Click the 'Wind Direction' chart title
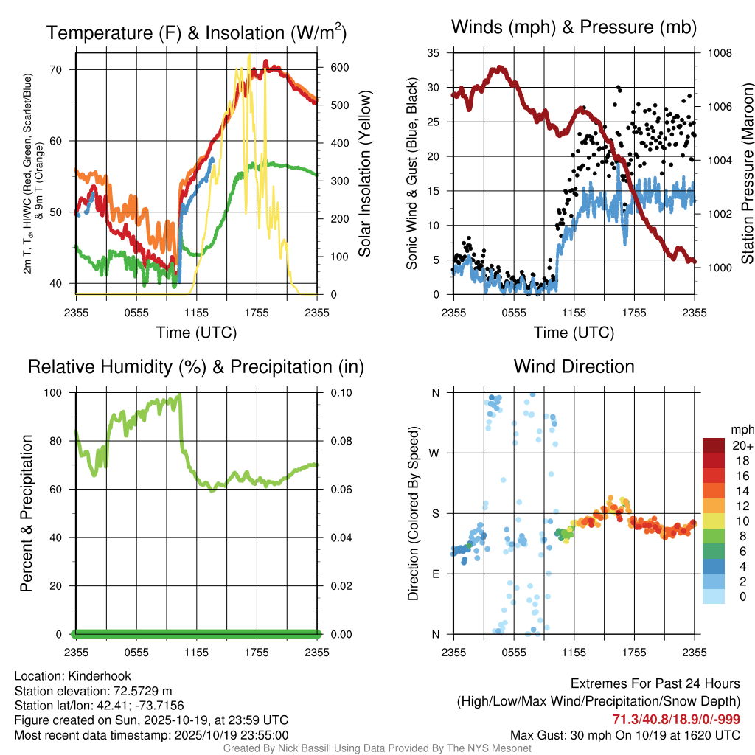pyautogui.click(x=574, y=366)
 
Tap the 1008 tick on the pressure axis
pyautogui.click(x=719, y=53)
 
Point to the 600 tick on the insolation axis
pyautogui.click(x=338, y=67)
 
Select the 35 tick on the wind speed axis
pyautogui.click(x=434, y=53)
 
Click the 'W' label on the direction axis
pyautogui.click(x=435, y=453)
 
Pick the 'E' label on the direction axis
pyautogui.click(x=435, y=574)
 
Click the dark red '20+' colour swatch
pyautogui.click(x=714, y=445)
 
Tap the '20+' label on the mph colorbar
pyautogui.click(x=740, y=445)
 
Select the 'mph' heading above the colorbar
pyautogui.click(x=740, y=429)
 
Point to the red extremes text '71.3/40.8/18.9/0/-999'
pyautogui.click(x=676, y=720)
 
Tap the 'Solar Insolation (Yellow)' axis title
pyautogui.click(x=365, y=174)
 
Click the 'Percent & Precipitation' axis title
pyautogui.click(x=26, y=513)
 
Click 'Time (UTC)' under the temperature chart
pyautogui.click(x=196, y=333)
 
